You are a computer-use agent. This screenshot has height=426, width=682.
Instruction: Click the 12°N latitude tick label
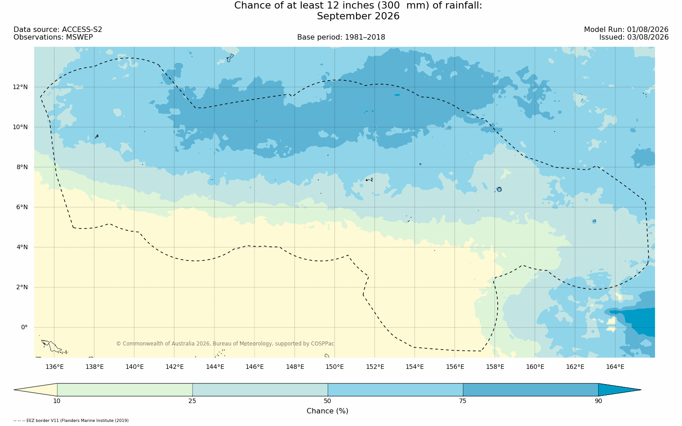(x=20, y=87)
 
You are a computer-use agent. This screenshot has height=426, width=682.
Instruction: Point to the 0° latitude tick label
(x=24, y=327)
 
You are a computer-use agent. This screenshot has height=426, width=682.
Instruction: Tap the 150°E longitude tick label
(x=334, y=367)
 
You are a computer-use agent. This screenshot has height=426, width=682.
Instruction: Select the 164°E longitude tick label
(x=615, y=367)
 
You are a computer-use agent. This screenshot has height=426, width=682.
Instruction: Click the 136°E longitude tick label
(x=54, y=367)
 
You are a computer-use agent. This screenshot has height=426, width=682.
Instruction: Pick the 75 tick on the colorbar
(x=463, y=401)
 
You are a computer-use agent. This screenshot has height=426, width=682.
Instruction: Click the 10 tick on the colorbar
(x=57, y=401)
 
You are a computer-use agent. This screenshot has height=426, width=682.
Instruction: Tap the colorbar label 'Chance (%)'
(x=327, y=411)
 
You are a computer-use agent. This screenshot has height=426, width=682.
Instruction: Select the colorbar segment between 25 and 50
(x=260, y=390)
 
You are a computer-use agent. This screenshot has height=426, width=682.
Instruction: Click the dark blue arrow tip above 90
(x=620, y=390)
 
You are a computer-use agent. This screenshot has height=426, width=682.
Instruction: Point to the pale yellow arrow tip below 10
(x=36, y=390)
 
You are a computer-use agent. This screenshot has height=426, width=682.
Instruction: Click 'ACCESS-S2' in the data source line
(x=82, y=30)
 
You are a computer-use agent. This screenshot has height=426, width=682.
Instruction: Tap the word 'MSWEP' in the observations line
(x=79, y=37)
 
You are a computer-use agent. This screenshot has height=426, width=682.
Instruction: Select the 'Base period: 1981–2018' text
(x=341, y=37)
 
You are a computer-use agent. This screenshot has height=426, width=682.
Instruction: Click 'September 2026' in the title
(x=358, y=16)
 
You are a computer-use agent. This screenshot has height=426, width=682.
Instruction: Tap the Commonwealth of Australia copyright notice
(x=225, y=344)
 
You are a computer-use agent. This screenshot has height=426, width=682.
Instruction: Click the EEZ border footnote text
(x=71, y=421)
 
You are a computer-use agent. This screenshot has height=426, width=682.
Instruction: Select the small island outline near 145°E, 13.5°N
(x=230, y=58)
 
